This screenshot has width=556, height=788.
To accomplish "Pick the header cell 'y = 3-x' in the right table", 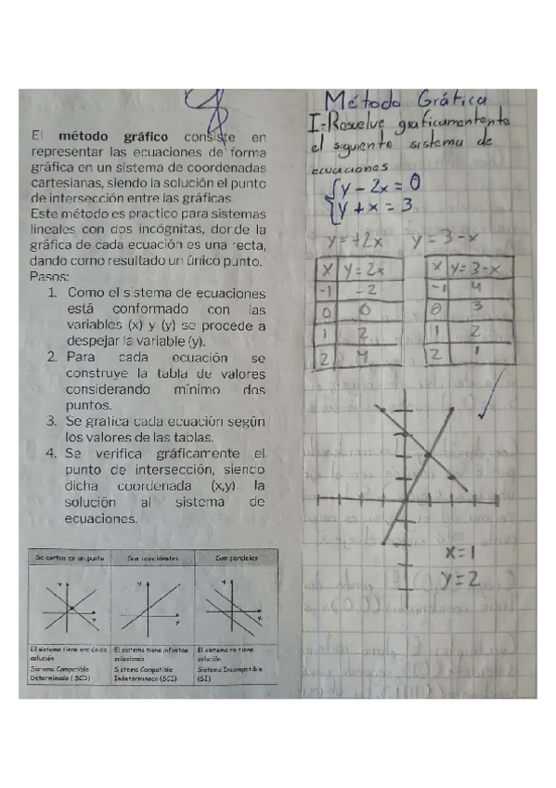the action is (x=482, y=268).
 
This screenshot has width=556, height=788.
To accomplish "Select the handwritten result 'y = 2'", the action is (x=460, y=580).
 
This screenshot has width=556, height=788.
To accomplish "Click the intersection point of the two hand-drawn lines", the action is (x=428, y=453).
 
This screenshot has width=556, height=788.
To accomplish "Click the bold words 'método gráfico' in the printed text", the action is (x=116, y=138).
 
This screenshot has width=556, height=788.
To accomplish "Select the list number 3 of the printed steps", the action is (x=53, y=421).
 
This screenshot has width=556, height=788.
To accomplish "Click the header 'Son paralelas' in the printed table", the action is (x=236, y=558).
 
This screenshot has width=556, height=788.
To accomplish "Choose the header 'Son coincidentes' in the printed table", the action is (x=152, y=558).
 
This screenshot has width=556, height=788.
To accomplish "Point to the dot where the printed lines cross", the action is (x=71, y=609).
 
